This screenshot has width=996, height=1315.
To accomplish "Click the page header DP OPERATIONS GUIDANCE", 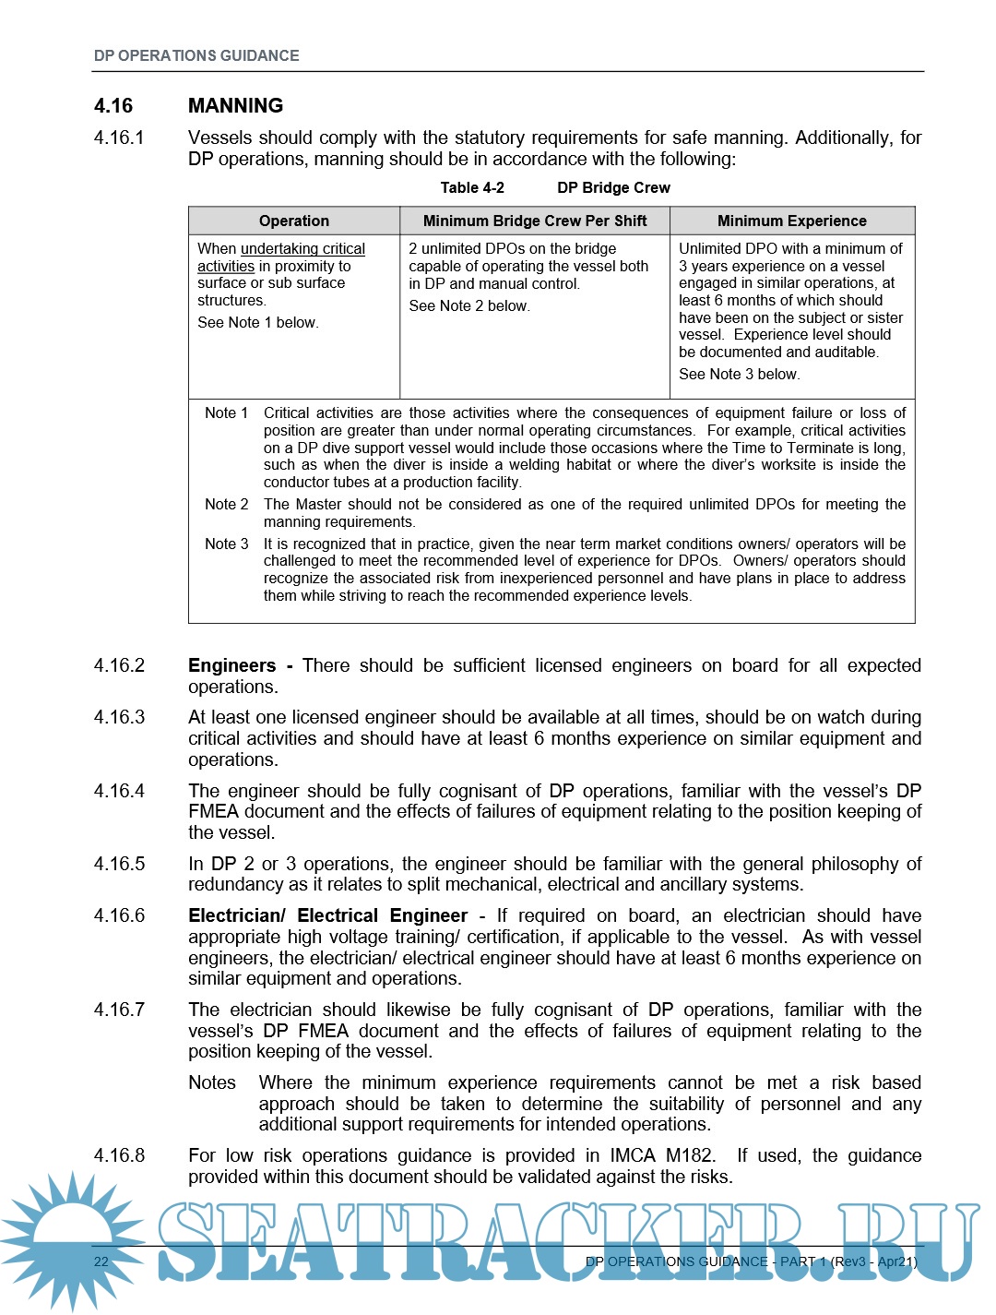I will coord(196,55).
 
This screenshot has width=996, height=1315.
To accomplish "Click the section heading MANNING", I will coord(235,105).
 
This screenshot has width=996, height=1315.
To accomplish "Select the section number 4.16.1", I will coord(119,137).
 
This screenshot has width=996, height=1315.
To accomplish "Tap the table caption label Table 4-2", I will coord(472,187).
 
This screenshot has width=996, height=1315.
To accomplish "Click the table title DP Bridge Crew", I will coord(613,187).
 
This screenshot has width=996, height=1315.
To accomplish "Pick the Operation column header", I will coord(293,221).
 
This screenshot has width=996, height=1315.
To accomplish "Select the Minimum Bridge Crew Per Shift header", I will coord(534,221).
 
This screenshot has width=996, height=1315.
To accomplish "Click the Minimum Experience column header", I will coord(791,221).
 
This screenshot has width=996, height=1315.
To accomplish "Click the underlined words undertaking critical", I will coord(302,248).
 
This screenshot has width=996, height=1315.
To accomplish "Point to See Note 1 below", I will coord(257,322).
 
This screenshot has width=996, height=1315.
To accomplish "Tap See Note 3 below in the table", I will coord(739,374).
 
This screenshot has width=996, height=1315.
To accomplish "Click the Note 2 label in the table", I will coord(226,504).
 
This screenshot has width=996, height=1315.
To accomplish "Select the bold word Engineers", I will coord(231,665).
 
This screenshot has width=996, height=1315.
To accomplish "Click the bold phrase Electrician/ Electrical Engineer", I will coord(327,915).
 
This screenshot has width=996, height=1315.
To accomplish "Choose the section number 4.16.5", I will coord(119,864).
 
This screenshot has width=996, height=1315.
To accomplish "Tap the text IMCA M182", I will coord(661,1155).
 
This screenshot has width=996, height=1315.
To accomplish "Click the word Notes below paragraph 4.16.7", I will coord(212,1082).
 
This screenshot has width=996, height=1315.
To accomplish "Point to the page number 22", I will coord(101,1261).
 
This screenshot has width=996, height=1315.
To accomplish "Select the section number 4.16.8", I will coord(119,1155).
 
